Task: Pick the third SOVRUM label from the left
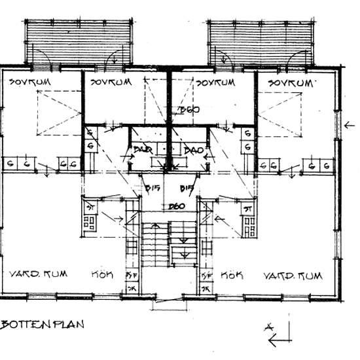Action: click(215, 82)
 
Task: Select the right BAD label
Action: click(193, 151)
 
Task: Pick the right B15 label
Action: click(186, 189)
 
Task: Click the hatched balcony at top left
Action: click(81, 37)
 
